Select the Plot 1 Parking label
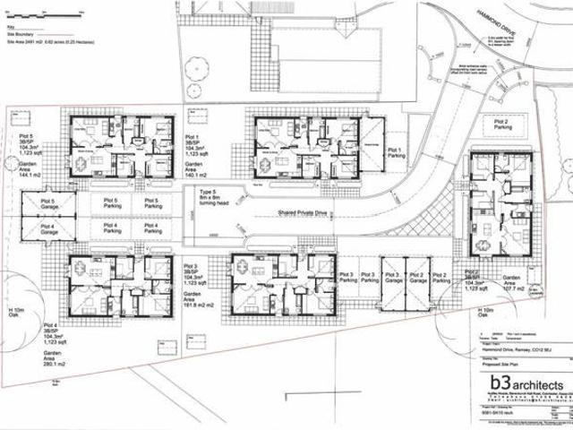396,153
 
